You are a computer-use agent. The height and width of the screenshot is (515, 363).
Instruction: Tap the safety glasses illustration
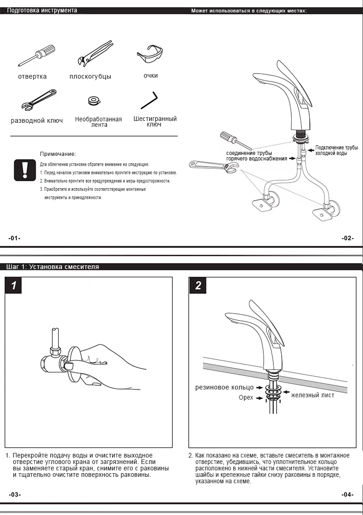coord(150,56)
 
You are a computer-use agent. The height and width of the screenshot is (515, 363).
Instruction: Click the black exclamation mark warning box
coord(25,170)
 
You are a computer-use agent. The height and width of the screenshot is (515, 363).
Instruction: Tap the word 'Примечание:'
coord(58,154)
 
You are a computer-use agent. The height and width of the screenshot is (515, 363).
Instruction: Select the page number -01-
coord(14,238)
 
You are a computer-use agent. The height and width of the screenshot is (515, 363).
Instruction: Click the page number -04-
coord(348,495)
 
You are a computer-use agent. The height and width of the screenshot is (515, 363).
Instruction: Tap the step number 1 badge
coord(14,286)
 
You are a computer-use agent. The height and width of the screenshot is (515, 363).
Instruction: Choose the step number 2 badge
coord(198,286)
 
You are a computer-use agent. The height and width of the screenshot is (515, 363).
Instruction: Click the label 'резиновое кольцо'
coord(225,388)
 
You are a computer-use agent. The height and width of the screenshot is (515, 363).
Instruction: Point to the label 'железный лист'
coord(312,395)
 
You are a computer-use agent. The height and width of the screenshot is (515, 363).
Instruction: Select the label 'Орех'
coord(246,397)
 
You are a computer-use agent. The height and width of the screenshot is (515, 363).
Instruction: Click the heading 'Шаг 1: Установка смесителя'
coord(53,267)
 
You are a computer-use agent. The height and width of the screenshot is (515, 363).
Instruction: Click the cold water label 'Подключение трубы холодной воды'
coord(336,150)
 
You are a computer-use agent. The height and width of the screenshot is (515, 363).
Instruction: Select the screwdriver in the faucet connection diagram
coord(235,140)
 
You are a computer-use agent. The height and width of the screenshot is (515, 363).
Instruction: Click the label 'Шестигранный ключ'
coord(155,121)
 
